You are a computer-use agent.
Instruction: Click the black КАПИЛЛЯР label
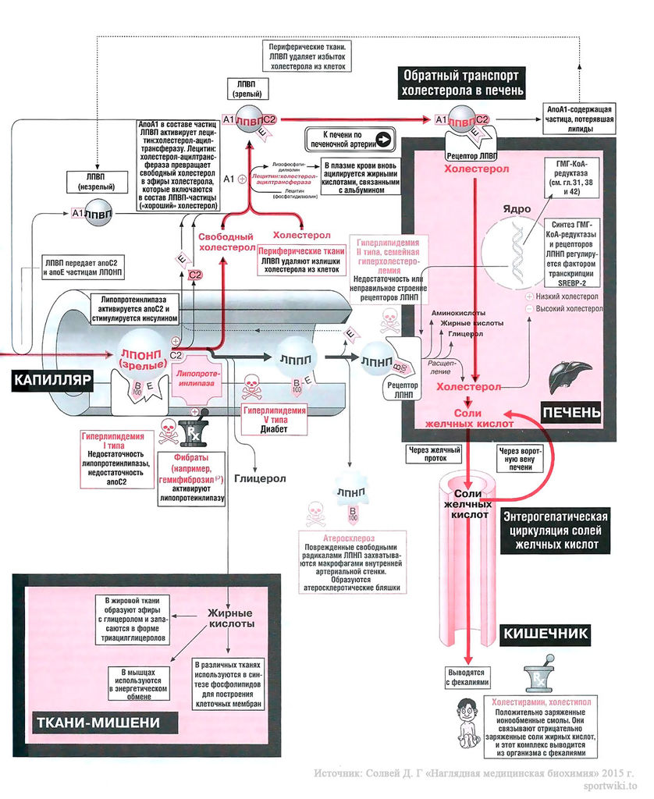pos(52,380)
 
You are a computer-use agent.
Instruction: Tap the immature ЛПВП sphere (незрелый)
pos(97,213)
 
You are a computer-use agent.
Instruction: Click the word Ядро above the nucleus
pos(517,210)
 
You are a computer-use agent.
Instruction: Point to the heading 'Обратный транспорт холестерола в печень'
pos(460,83)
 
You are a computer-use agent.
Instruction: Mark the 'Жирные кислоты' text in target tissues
pos(229,618)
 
